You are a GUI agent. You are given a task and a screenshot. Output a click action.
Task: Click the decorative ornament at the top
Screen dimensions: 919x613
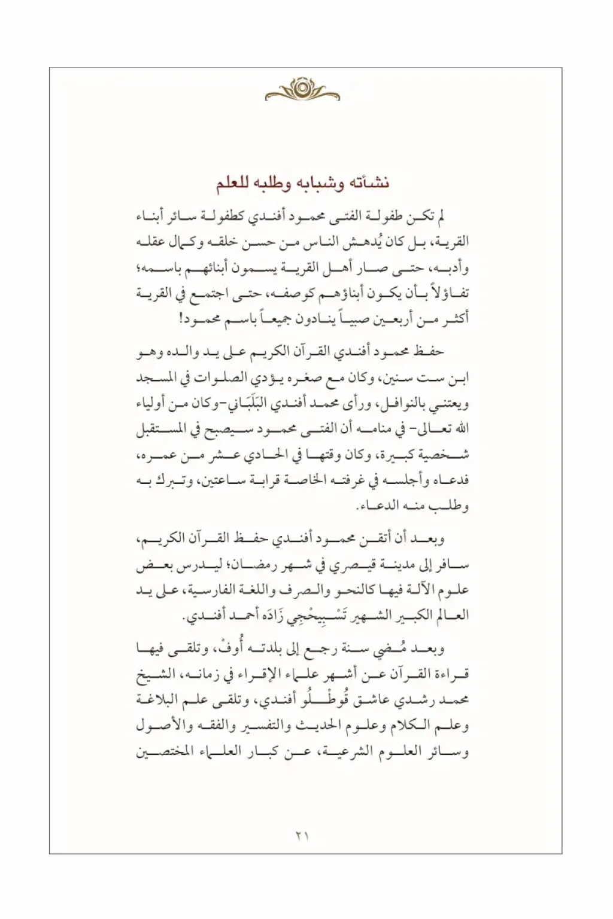(302, 90)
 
